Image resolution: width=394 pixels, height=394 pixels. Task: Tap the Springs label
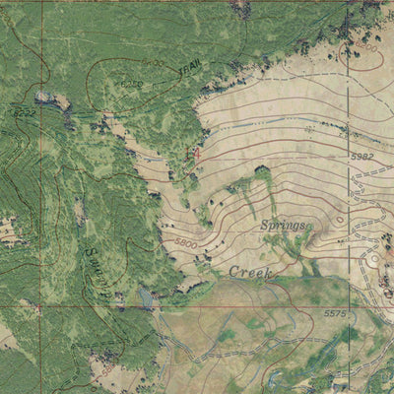coord(283,227)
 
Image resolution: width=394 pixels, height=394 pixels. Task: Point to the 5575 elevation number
coord(362,313)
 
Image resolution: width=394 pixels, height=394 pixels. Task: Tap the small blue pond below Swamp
coord(145,296)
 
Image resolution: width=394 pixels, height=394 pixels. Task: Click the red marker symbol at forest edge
coord(193,154)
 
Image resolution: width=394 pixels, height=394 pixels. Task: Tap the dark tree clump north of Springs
coord(262,174)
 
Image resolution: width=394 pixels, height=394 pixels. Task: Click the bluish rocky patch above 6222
coord(43,97)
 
